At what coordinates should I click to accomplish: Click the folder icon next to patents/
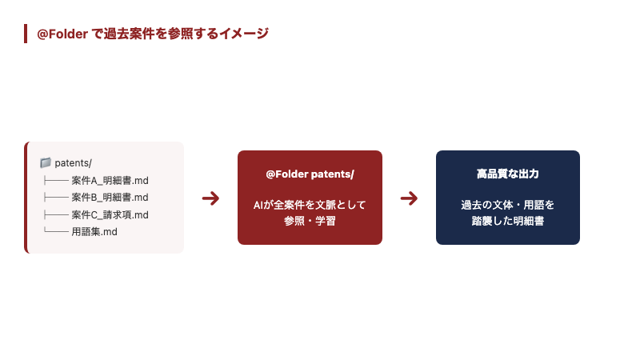(46, 163)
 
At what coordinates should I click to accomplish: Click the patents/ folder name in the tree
(74, 163)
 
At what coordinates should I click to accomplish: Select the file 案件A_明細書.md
(110, 180)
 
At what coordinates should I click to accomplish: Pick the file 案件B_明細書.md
(110, 198)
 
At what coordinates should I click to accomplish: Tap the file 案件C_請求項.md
(110, 214)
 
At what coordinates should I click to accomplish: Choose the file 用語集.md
(94, 232)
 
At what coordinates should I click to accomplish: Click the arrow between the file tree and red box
(210, 198)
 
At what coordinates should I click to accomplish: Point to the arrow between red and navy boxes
(409, 198)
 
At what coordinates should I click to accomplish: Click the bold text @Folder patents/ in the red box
(310, 174)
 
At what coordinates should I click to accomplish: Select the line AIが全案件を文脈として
(310, 205)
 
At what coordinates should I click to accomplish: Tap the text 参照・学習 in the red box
(310, 221)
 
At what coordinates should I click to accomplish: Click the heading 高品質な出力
(507, 174)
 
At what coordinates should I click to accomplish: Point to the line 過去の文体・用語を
(507, 205)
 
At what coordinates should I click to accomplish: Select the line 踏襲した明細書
(507, 221)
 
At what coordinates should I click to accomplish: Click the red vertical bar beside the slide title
(26, 34)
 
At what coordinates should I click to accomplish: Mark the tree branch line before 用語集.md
(55, 232)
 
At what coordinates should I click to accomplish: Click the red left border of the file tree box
(26, 198)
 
